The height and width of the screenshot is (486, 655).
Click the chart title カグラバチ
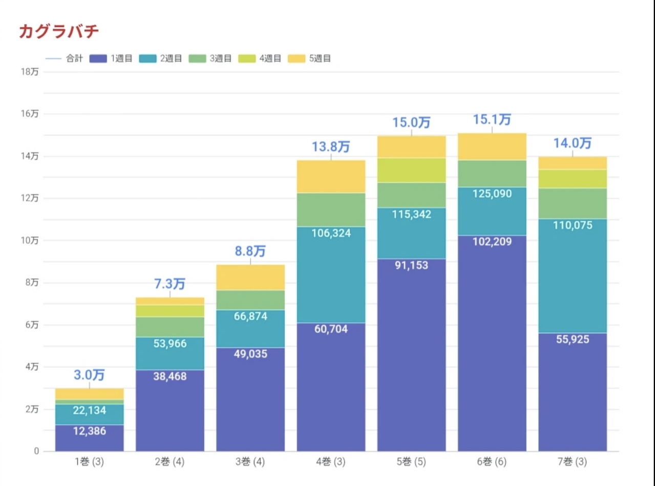pyautogui.click(x=59, y=32)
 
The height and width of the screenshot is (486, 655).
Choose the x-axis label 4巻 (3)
pyautogui.click(x=331, y=462)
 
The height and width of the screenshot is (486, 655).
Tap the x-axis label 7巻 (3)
pyautogui.click(x=573, y=462)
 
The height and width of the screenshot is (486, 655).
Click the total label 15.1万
pyautogui.click(x=492, y=120)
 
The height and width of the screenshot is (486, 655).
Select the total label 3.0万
pyautogui.click(x=89, y=375)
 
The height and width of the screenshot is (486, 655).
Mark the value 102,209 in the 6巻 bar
pyautogui.click(x=492, y=242)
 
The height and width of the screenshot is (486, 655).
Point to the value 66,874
pyautogui.click(x=250, y=316)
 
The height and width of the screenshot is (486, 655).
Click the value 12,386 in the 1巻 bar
pyautogui.click(x=89, y=431)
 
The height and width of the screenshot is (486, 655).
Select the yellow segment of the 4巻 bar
pyautogui.click(x=331, y=177)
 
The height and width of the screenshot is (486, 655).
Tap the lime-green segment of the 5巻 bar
pyautogui.click(x=412, y=170)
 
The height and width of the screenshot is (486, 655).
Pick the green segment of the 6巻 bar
pyautogui.click(x=492, y=174)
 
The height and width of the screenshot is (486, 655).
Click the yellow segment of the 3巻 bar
pyautogui.click(x=250, y=278)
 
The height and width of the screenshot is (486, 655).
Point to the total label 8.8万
pyautogui.click(x=250, y=251)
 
